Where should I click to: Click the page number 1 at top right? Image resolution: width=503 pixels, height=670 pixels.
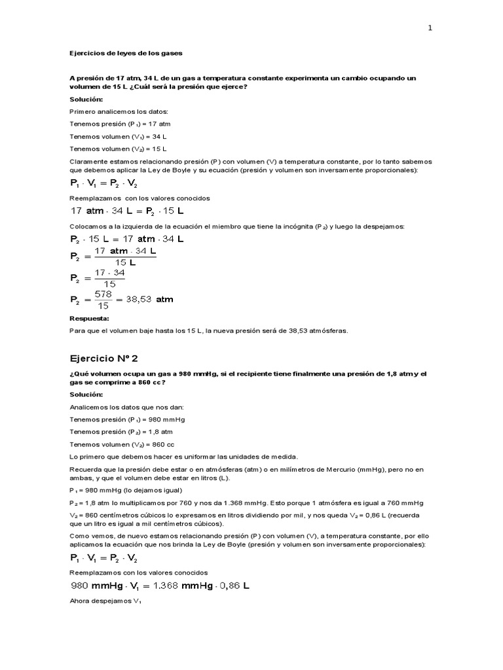click(x=430, y=28)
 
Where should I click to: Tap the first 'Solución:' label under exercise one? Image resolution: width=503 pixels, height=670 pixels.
click(x=86, y=99)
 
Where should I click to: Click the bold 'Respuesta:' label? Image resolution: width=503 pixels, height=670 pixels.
click(x=90, y=319)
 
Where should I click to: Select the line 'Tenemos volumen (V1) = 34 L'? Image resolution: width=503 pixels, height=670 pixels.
click(x=110, y=136)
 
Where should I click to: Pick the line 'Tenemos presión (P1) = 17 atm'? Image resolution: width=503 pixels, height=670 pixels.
click(x=111, y=124)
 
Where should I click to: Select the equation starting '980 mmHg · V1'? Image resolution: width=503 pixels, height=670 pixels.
click(x=159, y=586)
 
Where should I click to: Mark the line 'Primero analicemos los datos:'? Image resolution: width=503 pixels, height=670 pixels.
click(x=109, y=111)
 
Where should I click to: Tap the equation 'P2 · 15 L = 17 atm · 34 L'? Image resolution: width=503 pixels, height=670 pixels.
click(x=126, y=239)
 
